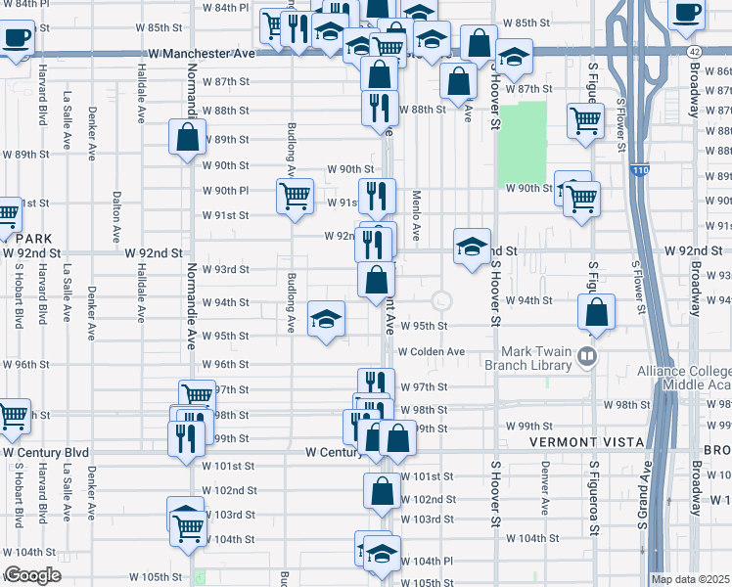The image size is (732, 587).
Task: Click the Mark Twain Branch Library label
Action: [535, 358]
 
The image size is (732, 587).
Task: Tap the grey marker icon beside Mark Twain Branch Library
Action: [586, 355]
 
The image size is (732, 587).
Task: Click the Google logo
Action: [32, 575]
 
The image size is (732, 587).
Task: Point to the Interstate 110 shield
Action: [639, 170]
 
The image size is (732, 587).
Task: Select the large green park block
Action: [521, 144]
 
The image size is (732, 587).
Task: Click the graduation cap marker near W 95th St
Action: [327, 318]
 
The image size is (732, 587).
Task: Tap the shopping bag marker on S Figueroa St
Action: [596, 313]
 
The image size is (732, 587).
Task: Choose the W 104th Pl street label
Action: [427, 562]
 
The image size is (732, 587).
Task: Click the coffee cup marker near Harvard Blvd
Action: [16, 40]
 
